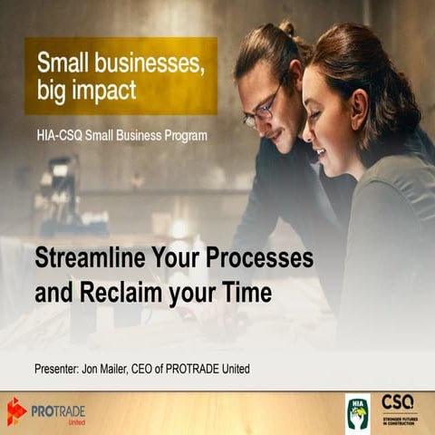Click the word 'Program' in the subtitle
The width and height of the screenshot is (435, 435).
[x=182, y=136]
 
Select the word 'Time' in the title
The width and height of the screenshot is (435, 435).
[x=246, y=293]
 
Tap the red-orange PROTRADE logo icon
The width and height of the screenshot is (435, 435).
[x=16, y=411]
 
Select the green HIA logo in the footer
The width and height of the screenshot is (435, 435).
[x=358, y=411]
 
